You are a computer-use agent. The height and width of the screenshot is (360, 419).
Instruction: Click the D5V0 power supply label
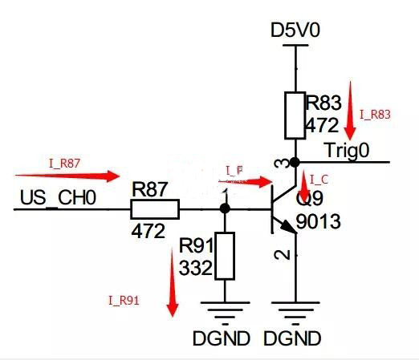pyautogui.click(x=297, y=30)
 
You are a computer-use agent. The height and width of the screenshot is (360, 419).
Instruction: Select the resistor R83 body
pyautogui.click(x=295, y=114)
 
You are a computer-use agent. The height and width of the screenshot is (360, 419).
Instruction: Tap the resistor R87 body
pyautogui.click(x=155, y=209)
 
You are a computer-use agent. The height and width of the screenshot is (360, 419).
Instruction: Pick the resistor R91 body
pyautogui.click(x=225, y=256)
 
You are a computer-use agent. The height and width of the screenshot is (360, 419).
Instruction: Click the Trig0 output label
pyautogui.click(x=348, y=150)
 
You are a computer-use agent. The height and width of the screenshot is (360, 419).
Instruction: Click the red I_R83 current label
pyautogui.click(x=375, y=115)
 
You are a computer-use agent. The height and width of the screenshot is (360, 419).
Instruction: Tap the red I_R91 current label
pyautogui.click(x=124, y=301)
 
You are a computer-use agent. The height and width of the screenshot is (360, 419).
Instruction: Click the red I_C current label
pyautogui.click(x=318, y=178)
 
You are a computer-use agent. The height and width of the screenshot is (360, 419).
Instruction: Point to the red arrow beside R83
pyautogui.click(x=350, y=110)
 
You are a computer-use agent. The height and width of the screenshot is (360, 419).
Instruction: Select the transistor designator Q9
pyautogui.click(x=310, y=197)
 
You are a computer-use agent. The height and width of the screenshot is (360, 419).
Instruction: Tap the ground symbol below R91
pyautogui.click(x=225, y=310)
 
